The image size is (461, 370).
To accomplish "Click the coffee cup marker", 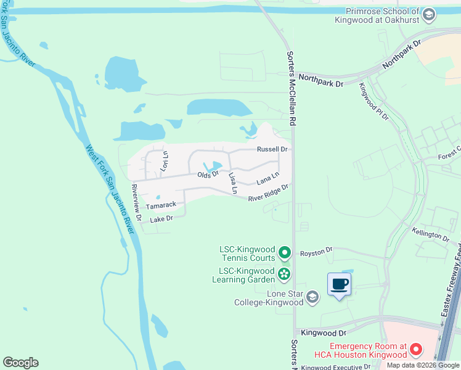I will pyautogui.click(x=339, y=284).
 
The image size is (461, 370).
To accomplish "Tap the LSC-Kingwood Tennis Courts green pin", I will pyautogui.click(x=284, y=252).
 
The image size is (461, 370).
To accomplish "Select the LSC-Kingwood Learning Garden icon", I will pyautogui.click(x=284, y=273).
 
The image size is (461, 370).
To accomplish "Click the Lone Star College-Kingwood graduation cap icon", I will pyautogui.click(x=312, y=298).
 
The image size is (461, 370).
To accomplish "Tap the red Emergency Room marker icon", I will pyautogui.click(x=416, y=350).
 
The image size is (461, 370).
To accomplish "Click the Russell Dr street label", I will pyautogui.click(x=272, y=149).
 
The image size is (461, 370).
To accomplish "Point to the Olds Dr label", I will pyautogui.click(x=208, y=175).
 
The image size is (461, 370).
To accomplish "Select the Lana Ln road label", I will pyautogui.click(x=267, y=179).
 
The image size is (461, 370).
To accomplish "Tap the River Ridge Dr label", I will pyautogui.click(x=269, y=193).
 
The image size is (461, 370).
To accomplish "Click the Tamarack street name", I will pyautogui.click(x=161, y=205).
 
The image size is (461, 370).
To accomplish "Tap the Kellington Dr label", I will pyautogui.click(x=431, y=234).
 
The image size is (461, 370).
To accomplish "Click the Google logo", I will pyautogui.click(x=20, y=363).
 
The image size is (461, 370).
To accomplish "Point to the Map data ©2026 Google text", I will pyautogui.click(x=423, y=365).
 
